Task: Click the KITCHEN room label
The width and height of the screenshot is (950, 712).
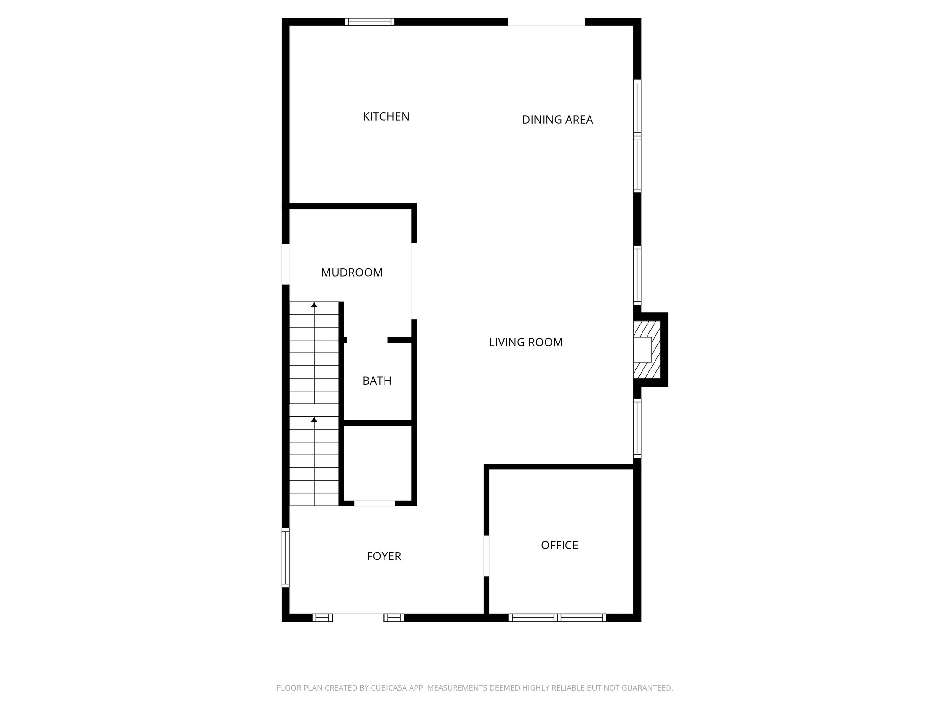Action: (x=386, y=116)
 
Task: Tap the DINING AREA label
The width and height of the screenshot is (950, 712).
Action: (x=557, y=120)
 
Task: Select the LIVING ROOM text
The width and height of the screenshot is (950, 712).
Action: (x=526, y=342)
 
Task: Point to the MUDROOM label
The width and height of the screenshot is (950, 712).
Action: (x=352, y=273)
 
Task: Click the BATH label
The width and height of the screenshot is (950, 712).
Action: (x=377, y=381)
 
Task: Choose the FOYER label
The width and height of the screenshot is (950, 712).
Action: (x=384, y=556)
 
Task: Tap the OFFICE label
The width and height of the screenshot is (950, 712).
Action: (x=559, y=545)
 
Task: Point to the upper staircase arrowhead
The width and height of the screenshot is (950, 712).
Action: (x=314, y=305)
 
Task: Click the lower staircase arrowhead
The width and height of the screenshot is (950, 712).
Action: (x=314, y=419)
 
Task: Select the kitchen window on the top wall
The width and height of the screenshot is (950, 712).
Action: (x=370, y=21)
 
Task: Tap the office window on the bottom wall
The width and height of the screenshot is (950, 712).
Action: (x=557, y=617)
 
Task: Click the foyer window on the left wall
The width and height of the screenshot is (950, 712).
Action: (x=286, y=558)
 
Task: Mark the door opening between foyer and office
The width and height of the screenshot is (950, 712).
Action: (x=487, y=556)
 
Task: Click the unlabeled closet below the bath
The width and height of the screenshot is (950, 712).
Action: (x=377, y=462)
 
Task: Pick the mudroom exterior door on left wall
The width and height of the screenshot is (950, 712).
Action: (x=286, y=264)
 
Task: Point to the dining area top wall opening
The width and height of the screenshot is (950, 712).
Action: (x=546, y=22)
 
